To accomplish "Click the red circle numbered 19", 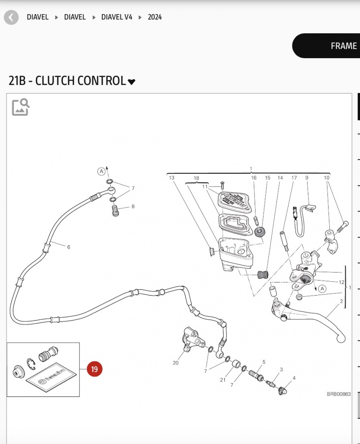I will (x=94, y=369).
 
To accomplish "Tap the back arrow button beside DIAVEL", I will (x=12, y=17).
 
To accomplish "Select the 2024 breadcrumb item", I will (x=155, y=17).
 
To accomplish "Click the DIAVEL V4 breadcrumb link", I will (x=117, y=17).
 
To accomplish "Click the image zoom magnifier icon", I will (x=21, y=107).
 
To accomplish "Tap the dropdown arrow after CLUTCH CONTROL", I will (x=131, y=82).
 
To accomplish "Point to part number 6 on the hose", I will (x=68, y=247).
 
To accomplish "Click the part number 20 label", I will (x=176, y=363).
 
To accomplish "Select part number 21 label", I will (x=223, y=380).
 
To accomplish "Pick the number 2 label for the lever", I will (x=341, y=301).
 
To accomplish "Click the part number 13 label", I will (x=171, y=178).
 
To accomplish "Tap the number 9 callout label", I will (x=307, y=178).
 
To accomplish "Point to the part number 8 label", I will (x=132, y=206).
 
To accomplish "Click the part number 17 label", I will (x=294, y=178).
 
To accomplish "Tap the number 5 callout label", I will (x=264, y=362).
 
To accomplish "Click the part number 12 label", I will (x=341, y=282).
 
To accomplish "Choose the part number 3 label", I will (x=281, y=369).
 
